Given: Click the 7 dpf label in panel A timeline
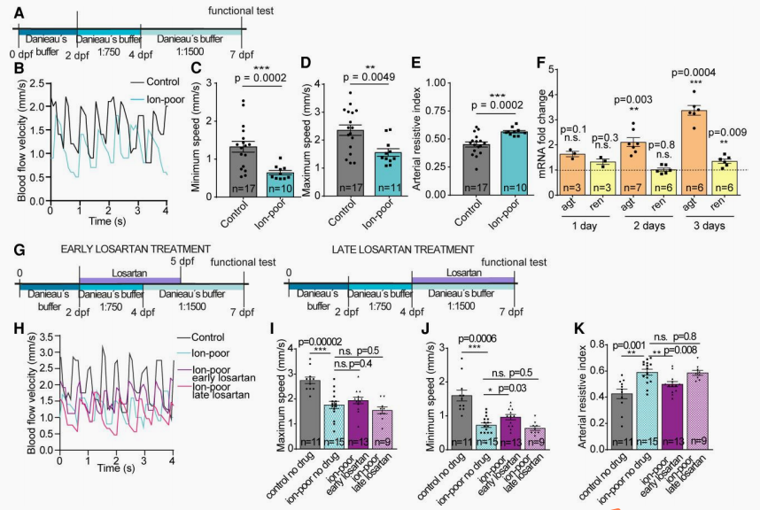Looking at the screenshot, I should point(239,53).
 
